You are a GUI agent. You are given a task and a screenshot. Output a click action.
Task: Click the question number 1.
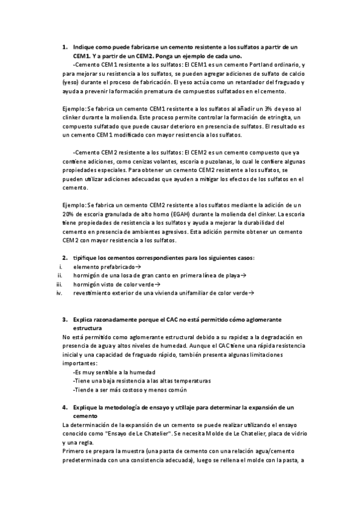pos(65,46)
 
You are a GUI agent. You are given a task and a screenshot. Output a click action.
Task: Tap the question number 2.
pos(65,257)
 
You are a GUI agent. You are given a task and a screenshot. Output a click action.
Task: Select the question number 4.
pos(65,407)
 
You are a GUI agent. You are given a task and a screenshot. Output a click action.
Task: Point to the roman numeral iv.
pos(59,293)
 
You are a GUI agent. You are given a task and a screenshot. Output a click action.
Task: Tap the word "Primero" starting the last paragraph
pos(74,450)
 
